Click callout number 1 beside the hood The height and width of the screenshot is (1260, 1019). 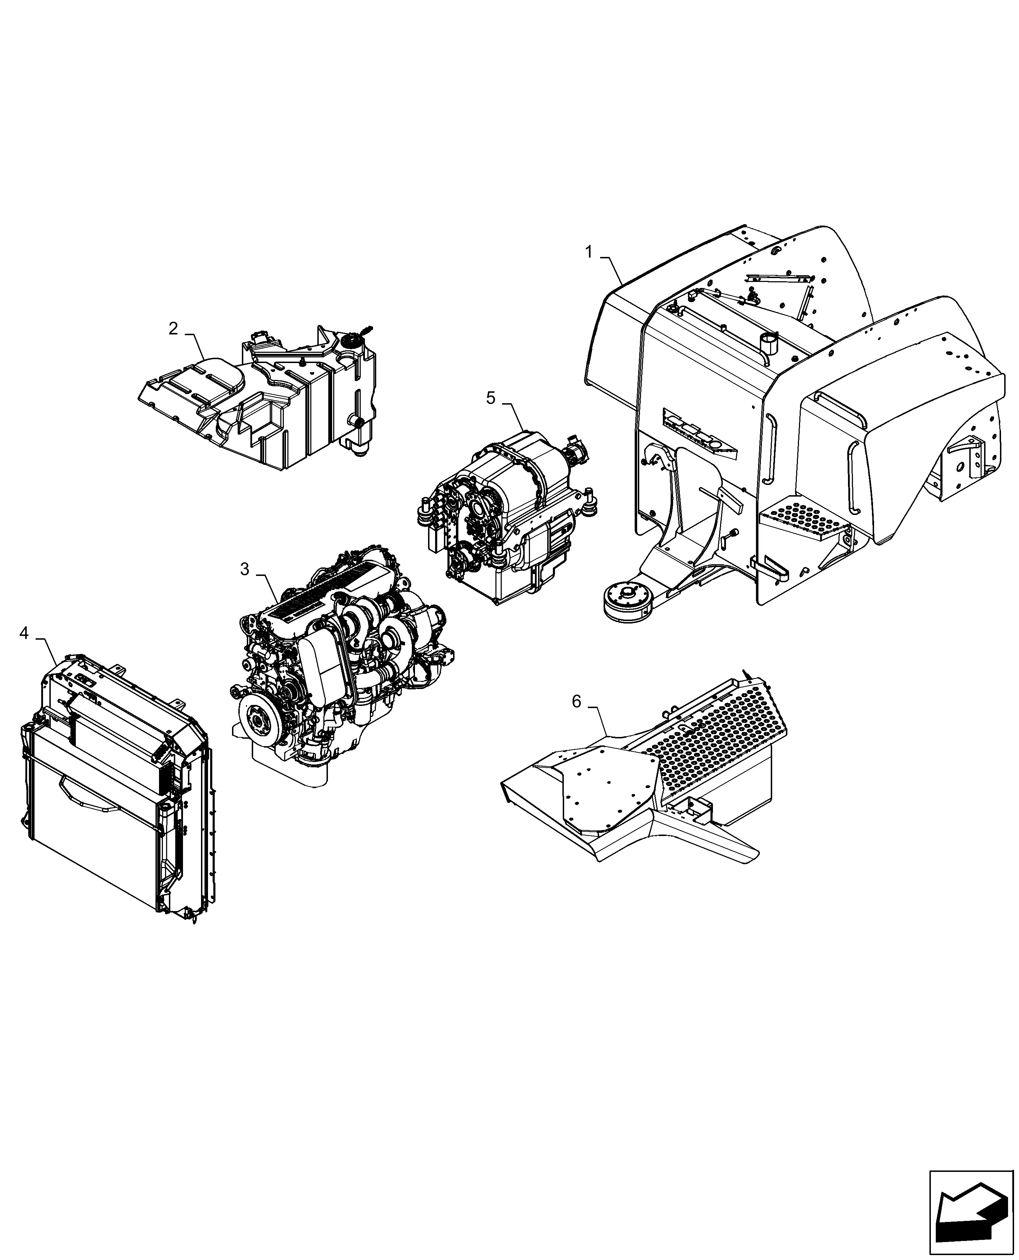click(x=589, y=252)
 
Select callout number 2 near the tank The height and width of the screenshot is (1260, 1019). click(x=173, y=328)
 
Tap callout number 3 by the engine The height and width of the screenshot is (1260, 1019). click(x=245, y=569)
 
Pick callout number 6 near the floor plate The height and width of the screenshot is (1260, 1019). click(x=576, y=701)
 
